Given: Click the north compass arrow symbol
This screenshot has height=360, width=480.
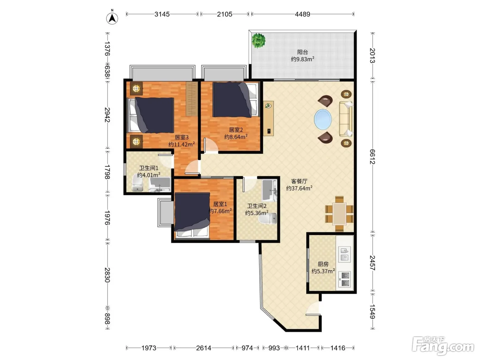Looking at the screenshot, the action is pyautogui.click(x=112, y=18).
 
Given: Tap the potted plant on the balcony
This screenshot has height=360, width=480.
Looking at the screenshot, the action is pyautogui.click(x=259, y=40).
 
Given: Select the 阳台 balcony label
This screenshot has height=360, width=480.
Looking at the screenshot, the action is pyautogui.click(x=302, y=52).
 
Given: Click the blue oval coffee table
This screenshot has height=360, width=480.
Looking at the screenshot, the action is pyautogui.click(x=323, y=119).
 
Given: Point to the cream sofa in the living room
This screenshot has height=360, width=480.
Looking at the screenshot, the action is pyautogui.click(x=346, y=119).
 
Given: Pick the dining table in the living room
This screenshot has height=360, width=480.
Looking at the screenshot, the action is pyautogui.click(x=339, y=214).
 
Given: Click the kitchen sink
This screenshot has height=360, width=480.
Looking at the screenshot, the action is pyautogui.click(x=345, y=254).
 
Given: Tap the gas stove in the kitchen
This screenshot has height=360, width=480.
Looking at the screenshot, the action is pyautogui.click(x=345, y=279).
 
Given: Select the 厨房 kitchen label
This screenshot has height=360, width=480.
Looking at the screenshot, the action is pyautogui.click(x=323, y=264).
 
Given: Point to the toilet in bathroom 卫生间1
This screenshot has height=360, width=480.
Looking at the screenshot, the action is pyautogui.click(x=137, y=185).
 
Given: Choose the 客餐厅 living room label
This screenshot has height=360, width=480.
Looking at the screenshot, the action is pyautogui.click(x=299, y=181).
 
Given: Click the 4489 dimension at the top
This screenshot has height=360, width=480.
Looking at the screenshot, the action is pyautogui.click(x=302, y=14).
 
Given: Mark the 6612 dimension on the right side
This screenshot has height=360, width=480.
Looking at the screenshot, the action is pyautogui.click(x=372, y=156).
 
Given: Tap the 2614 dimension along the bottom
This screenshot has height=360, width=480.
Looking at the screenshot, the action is pyautogui.click(x=204, y=348).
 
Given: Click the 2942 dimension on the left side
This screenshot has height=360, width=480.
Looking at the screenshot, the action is pyautogui.click(x=107, y=115).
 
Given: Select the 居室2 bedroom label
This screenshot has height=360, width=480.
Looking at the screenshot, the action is pyautogui.click(x=236, y=130).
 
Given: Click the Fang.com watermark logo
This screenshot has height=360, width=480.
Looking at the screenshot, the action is pyautogui.click(x=443, y=346).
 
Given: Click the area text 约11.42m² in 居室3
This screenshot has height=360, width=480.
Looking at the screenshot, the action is pyautogui.click(x=181, y=144).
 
